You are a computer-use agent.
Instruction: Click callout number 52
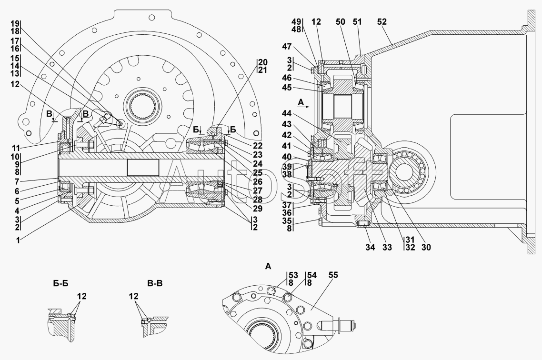382,22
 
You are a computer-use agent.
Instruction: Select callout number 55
333,275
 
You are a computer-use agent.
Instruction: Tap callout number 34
370,247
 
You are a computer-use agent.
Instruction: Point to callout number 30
427,247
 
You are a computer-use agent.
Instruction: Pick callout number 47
287,47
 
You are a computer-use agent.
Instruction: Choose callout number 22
258,146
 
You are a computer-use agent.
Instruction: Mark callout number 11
15,147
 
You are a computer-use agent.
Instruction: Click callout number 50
340,22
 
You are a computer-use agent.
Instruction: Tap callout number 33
388,247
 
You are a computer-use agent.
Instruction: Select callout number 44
287,113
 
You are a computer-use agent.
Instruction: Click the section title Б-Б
61,284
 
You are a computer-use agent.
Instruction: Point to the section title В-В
155,284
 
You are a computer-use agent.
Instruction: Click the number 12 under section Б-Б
81,296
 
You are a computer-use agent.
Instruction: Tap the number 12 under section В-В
134,296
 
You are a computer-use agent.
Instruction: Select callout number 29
258,209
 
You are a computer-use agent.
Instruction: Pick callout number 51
357,22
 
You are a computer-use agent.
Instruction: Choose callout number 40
287,157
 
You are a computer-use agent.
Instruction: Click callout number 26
258,182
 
